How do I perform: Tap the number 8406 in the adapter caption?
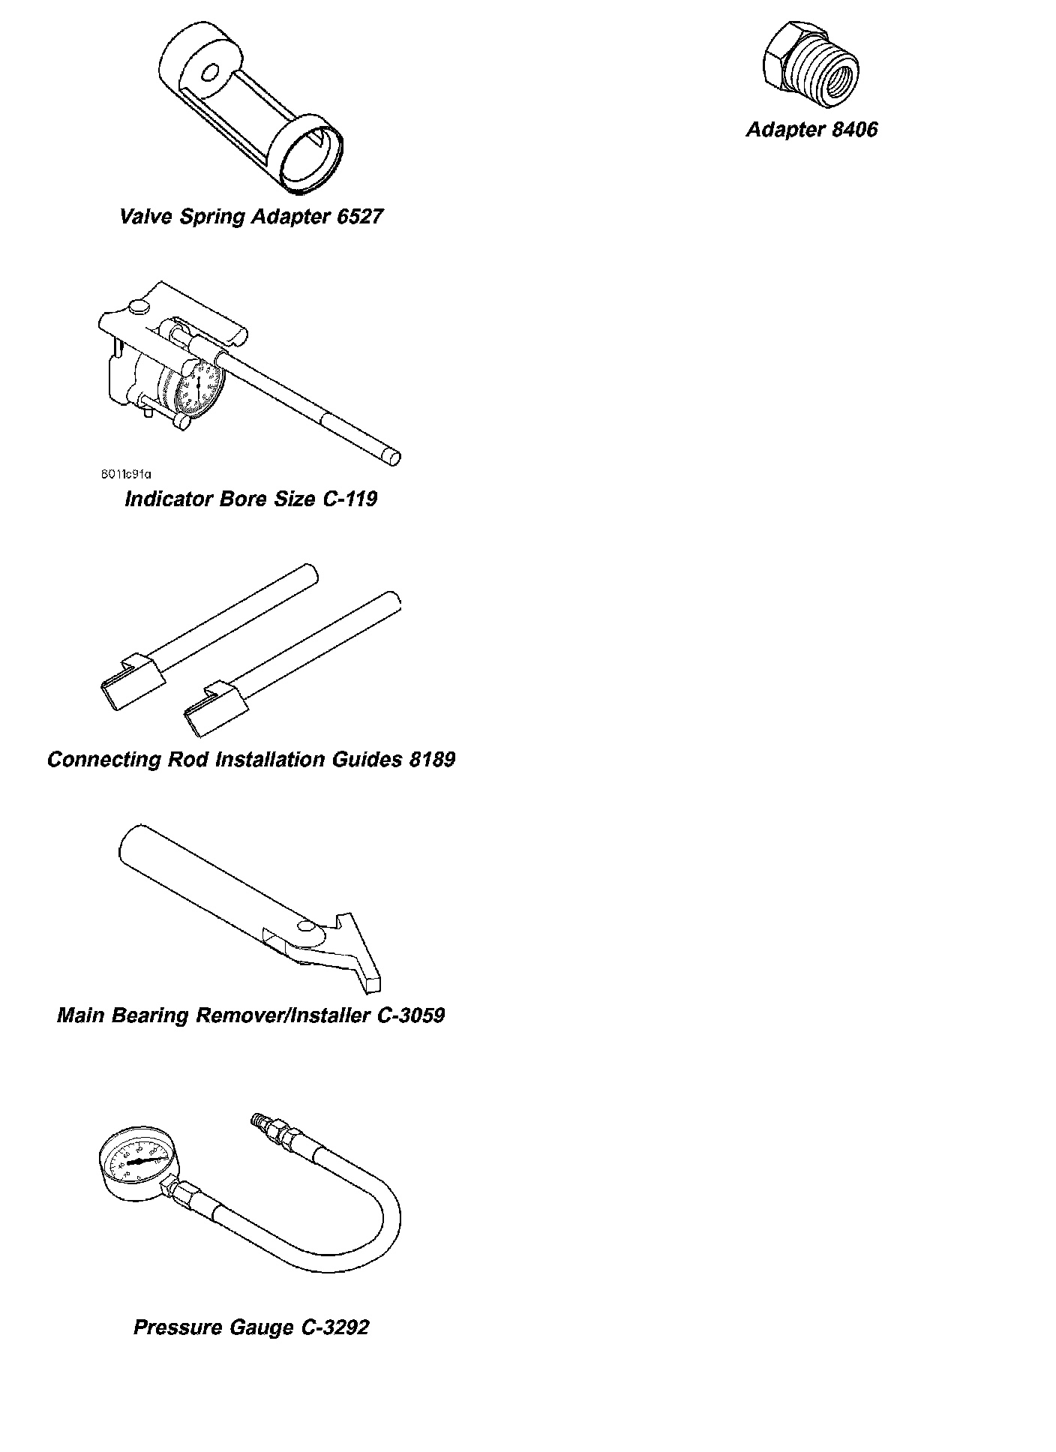(x=854, y=130)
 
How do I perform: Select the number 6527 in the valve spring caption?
(x=360, y=217)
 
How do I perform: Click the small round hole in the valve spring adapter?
(x=210, y=73)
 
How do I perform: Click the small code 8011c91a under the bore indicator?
(x=126, y=475)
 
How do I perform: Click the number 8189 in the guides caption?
(x=432, y=760)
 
